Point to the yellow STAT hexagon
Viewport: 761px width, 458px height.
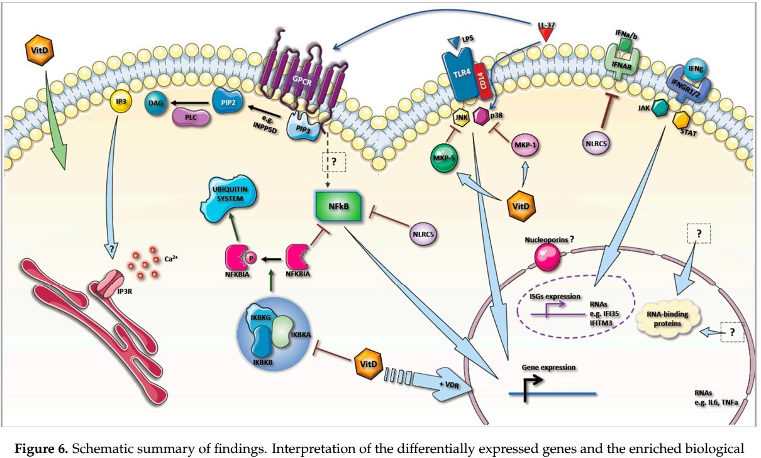click(x=682, y=119)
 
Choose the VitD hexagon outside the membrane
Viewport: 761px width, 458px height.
click(x=37, y=49)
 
